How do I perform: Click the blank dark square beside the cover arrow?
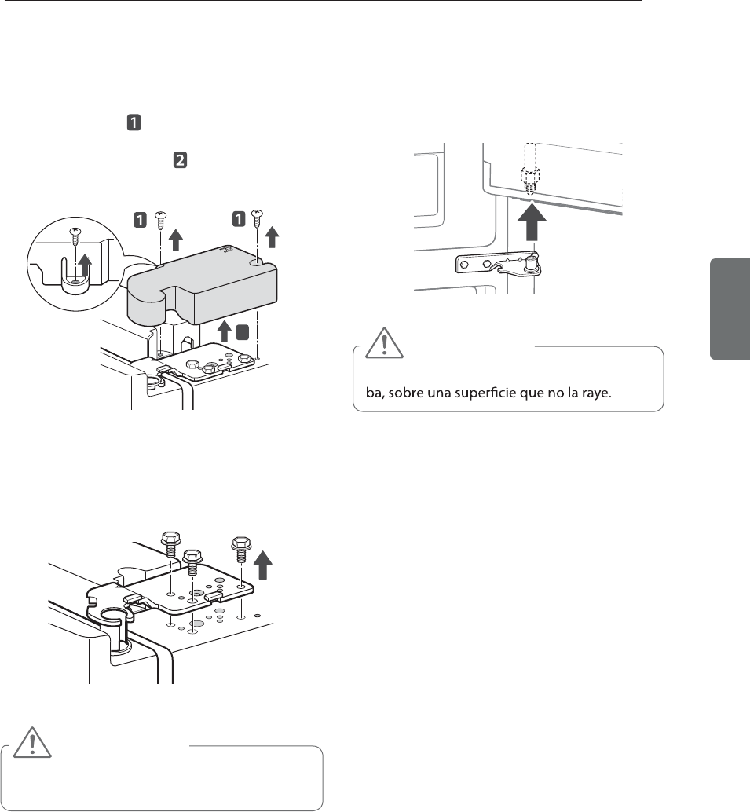243,332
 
